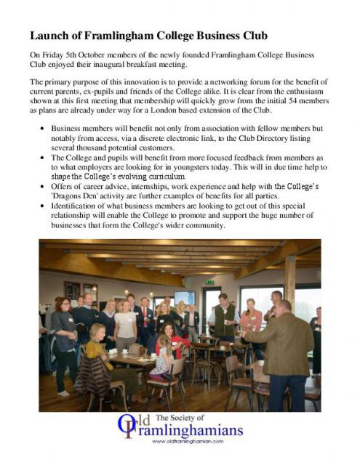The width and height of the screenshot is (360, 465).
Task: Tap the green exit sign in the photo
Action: [210, 281]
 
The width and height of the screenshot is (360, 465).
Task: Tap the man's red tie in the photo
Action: [145, 314]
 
